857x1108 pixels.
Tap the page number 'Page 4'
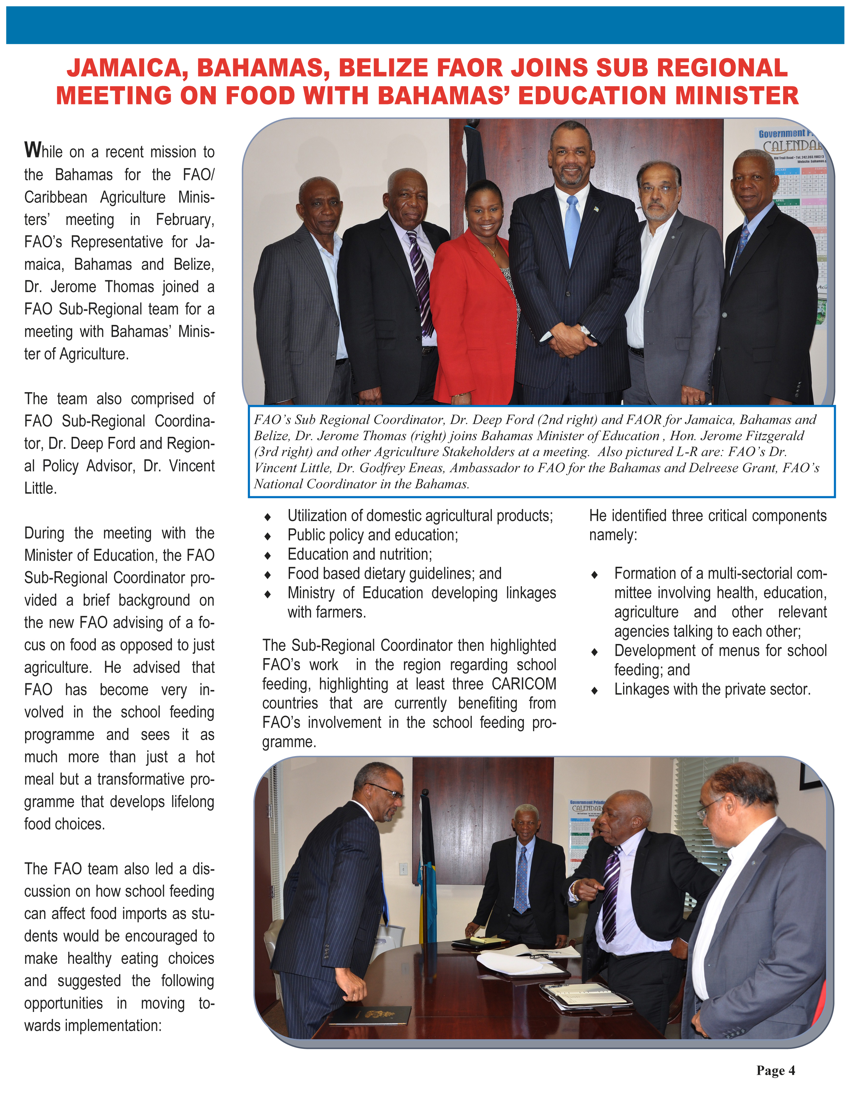[x=775, y=1070]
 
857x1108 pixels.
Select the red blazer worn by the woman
[x=472, y=315]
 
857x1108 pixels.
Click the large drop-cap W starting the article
[x=33, y=150]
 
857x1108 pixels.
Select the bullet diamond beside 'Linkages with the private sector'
[x=595, y=690]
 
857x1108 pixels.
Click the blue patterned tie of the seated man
[x=521, y=880]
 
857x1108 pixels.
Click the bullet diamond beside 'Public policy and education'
[x=268, y=536]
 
